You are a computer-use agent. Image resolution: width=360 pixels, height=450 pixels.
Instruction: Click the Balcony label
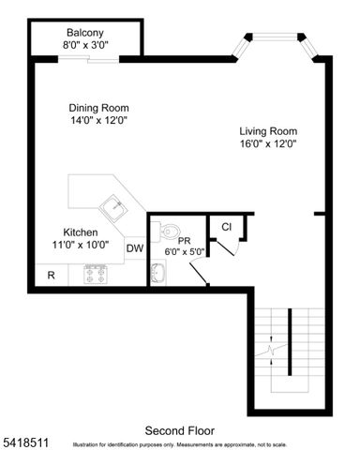(x=85, y=32)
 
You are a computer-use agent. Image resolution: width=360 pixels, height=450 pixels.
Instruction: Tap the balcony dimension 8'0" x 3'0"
(x=85, y=44)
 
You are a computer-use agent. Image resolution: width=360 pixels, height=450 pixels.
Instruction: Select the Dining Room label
(x=98, y=107)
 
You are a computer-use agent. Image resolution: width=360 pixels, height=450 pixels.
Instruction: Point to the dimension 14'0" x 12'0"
(x=98, y=120)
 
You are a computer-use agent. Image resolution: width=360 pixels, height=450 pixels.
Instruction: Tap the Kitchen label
(x=81, y=232)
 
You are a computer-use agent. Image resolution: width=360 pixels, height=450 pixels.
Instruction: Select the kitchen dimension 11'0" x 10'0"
(x=81, y=246)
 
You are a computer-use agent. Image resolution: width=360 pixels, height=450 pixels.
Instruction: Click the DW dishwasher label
(x=135, y=248)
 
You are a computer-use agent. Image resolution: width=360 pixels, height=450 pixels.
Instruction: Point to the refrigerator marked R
(x=51, y=276)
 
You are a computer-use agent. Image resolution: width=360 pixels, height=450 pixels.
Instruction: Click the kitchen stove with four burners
(x=97, y=275)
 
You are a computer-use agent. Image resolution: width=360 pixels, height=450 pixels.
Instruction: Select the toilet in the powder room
(x=167, y=231)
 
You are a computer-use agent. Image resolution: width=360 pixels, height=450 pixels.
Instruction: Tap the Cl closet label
(x=226, y=227)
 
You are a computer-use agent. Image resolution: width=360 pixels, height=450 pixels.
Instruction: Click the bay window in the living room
(x=277, y=39)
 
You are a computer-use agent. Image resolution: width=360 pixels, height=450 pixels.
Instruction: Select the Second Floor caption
(x=179, y=430)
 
